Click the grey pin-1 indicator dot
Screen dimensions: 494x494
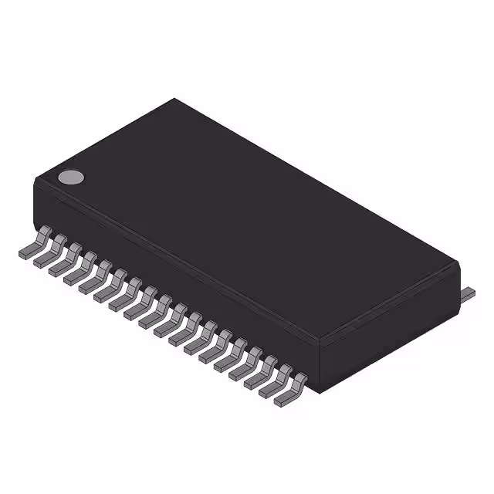[x=71, y=177]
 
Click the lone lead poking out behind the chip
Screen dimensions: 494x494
[x=468, y=293]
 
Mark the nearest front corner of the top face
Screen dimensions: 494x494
[x=320, y=338]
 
